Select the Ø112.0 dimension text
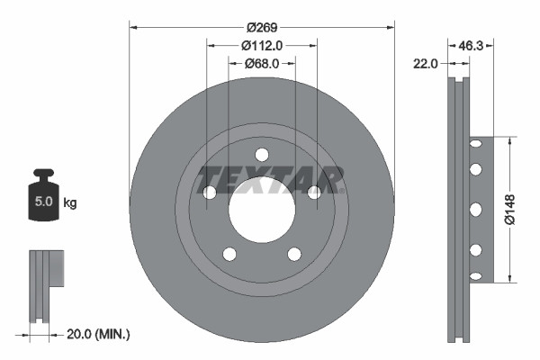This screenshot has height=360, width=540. coord(262,44)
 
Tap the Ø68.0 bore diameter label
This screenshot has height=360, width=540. coord(262,63)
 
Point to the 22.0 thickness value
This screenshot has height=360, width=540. coord(425,63)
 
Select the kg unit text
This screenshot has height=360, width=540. coord(70,203)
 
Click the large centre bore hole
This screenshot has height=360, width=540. coord(262,210)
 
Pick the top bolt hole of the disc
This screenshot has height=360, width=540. coord(262,154)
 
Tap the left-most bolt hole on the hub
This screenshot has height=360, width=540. coord(210,193)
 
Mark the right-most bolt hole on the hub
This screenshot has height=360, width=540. coord(314,193)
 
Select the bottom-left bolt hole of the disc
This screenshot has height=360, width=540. coord(229,254)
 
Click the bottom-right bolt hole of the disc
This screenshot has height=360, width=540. coord(294,254)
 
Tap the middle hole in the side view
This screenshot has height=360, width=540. coord(474,209)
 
